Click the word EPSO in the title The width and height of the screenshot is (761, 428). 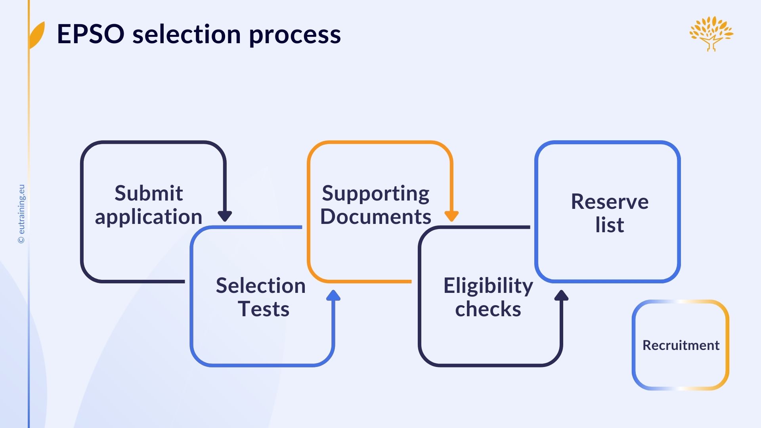click(90, 34)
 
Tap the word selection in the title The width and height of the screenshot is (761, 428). click(186, 34)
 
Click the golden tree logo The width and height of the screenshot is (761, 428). click(711, 33)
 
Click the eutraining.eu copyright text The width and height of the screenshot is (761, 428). click(21, 214)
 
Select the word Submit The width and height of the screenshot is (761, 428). click(149, 193)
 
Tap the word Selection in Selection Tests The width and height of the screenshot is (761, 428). click(260, 285)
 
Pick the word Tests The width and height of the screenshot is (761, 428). click(264, 309)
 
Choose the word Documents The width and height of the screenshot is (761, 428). click(375, 217)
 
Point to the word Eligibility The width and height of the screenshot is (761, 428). click(488, 286)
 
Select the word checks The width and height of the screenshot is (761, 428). click(488, 309)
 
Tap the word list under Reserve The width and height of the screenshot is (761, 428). click(610, 225)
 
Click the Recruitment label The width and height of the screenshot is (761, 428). click(681, 345)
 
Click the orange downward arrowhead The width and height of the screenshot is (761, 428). click(451, 216)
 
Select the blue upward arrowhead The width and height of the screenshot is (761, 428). click(333, 295)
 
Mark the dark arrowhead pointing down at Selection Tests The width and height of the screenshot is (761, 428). click(225, 216)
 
